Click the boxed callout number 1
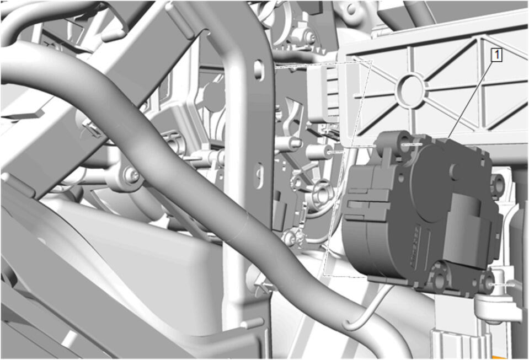coord(496,55)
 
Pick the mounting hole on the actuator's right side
coord(497,182)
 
